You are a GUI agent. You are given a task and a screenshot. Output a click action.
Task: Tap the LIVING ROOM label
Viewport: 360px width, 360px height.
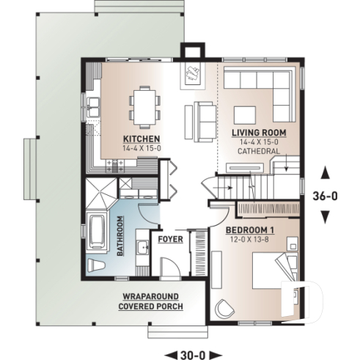tap(258, 132)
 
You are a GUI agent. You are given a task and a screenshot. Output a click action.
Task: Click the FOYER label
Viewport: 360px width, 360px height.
tap(170, 239)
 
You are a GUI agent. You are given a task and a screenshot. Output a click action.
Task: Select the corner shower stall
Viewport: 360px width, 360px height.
tap(98, 194)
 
